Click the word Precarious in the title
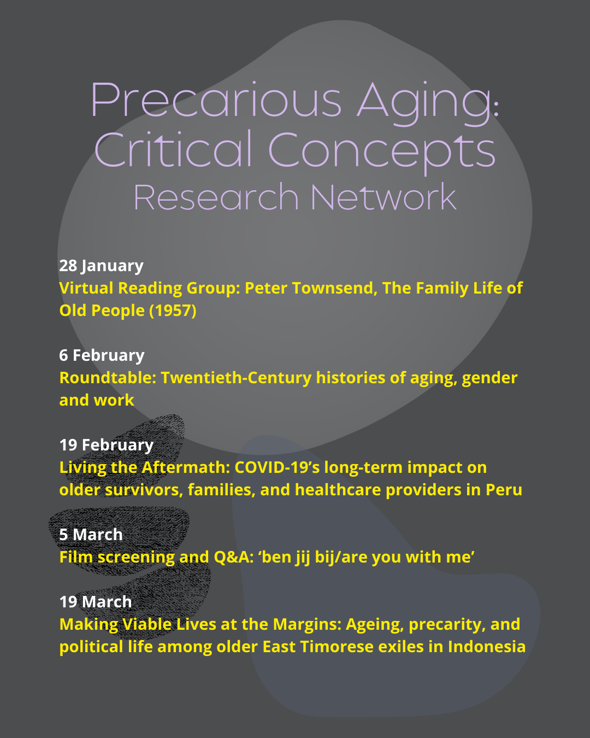(216, 99)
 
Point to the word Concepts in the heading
(382, 153)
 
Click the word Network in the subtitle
(383, 196)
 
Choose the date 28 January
(101, 266)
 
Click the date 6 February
(102, 356)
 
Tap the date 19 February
(107, 446)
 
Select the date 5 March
(91, 535)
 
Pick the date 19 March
(96, 602)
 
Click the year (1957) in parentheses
(173, 311)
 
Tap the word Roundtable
(108, 378)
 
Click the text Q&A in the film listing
(233, 557)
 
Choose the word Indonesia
(486, 647)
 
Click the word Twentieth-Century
(236, 378)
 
